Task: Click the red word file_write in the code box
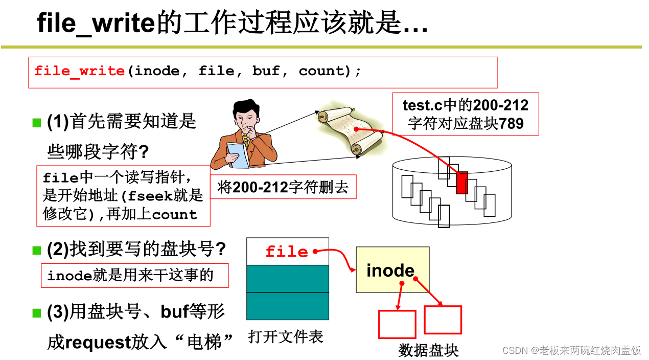coord(80,71)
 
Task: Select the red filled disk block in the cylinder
coord(462,183)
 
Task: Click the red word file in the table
coord(287,252)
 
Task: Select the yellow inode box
coord(392,269)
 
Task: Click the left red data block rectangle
coord(397,324)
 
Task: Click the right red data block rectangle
coord(443,320)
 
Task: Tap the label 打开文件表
coord(286,336)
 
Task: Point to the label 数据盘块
coord(428,350)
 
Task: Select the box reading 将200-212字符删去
coord(283,187)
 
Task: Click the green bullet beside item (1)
coord(36,122)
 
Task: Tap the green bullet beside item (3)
coord(36,312)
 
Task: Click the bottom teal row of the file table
coord(287,306)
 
